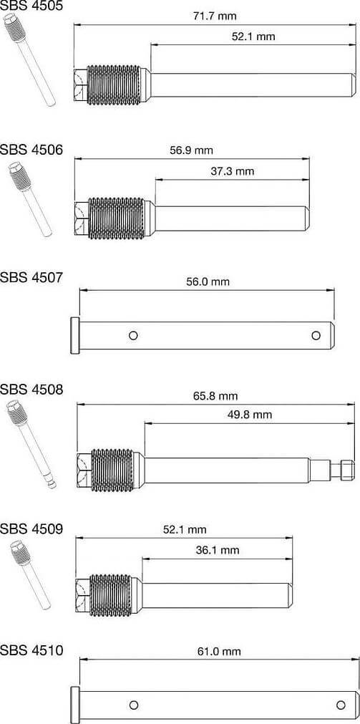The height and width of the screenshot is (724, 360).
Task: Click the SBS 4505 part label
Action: coord(31,6)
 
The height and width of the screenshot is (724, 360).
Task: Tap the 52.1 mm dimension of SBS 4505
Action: coord(253,36)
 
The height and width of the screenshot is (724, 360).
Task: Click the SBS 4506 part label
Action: coord(31,150)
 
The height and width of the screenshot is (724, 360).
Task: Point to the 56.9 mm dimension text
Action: coord(191,150)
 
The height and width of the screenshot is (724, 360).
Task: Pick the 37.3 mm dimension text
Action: coord(233,171)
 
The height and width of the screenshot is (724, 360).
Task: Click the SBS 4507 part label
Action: coord(31,276)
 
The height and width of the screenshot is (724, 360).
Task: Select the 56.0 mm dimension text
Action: coord(208,282)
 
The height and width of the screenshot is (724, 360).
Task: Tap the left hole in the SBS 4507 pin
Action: coord(134,335)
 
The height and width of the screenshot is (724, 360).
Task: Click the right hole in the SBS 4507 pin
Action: coord(315,334)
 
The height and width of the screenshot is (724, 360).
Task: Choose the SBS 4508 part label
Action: coord(31,390)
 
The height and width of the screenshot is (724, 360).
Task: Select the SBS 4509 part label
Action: coord(31,529)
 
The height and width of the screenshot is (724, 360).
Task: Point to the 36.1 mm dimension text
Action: coord(218,550)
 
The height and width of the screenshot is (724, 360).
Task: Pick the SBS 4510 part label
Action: coord(31,651)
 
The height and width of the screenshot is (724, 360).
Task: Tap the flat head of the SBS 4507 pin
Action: coord(74,335)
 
